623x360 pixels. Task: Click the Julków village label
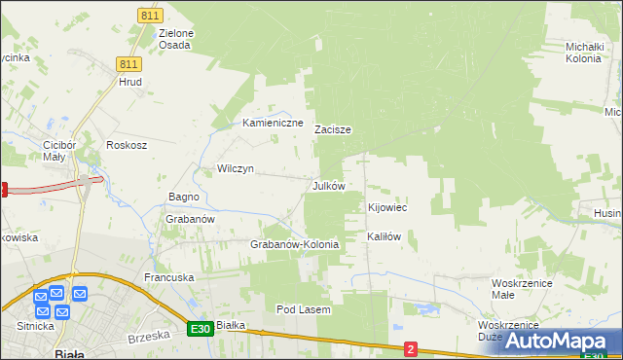[328, 185]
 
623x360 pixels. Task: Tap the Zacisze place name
[333, 129]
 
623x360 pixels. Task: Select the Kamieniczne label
[274, 124]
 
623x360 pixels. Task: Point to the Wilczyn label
[236, 168]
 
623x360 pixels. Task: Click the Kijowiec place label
[387, 208]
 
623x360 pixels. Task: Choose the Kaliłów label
[384, 236]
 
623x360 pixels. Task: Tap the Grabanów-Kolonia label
[295, 244]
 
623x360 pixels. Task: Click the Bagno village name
[184, 197]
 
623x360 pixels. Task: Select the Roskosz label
[128, 145]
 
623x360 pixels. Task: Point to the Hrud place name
[130, 83]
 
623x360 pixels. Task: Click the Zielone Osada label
[176, 39]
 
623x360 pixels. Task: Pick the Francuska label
[169, 277]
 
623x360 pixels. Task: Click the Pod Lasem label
[304, 309]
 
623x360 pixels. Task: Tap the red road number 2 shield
[411, 348]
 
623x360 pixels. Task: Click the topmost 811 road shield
[150, 16]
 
